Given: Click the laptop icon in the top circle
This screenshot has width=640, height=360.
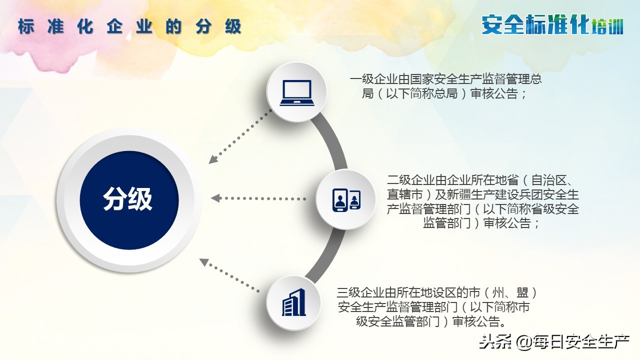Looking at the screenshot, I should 296,92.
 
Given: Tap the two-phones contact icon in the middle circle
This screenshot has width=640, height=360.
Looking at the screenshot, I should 346,199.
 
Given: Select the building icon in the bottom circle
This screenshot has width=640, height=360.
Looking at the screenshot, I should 294,302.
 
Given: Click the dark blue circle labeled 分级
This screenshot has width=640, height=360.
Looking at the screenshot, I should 128,200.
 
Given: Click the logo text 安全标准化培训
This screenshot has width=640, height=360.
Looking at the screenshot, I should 552,24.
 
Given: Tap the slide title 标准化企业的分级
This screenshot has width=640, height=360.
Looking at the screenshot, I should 129,26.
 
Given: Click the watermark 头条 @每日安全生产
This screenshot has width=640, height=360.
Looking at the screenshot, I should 554,342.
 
